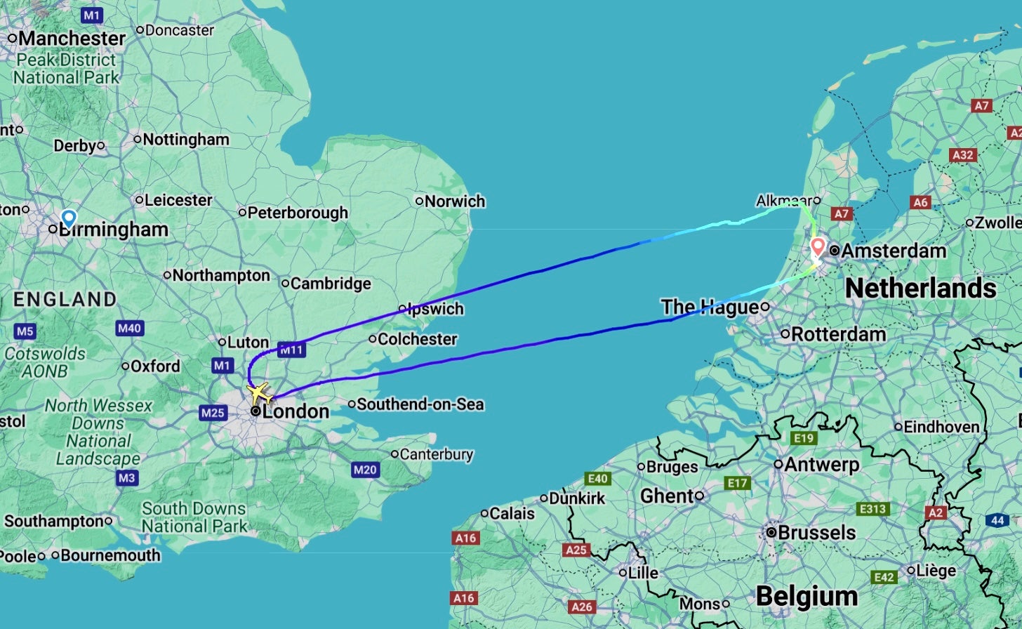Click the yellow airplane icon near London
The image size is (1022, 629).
(259, 391)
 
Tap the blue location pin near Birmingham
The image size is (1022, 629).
(68, 218)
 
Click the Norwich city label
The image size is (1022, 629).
(455, 201)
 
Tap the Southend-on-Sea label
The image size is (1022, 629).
(420, 404)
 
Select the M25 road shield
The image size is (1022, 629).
(213, 413)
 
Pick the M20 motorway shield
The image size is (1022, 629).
(365, 470)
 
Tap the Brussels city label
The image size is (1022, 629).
(816, 533)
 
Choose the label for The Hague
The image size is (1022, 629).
(710, 307)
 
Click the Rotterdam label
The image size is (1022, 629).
(838, 334)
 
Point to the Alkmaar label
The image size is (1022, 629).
(784, 201)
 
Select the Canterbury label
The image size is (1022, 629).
(437, 455)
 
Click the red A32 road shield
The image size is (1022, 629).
(963, 154)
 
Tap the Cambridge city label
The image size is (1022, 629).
(330, 284)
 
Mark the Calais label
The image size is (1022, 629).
(512, 514)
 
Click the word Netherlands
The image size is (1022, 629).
(920, 288)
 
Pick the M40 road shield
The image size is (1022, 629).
(130, 328)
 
